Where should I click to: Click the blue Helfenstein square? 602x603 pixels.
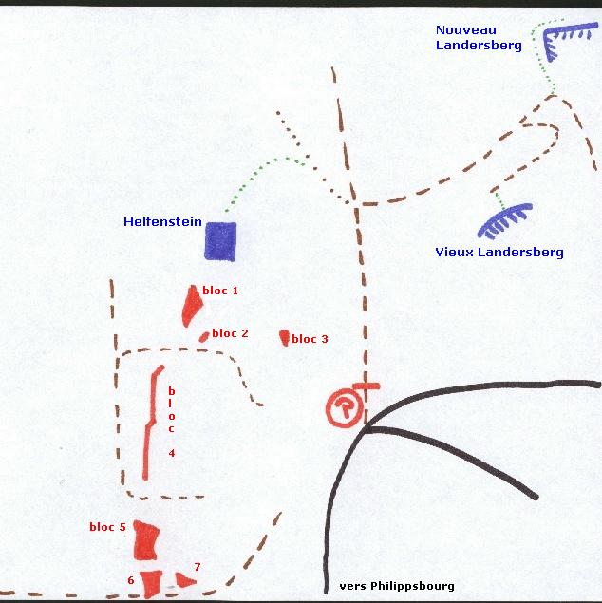tap(220, 241)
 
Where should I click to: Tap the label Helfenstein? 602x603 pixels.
tap(162, 222)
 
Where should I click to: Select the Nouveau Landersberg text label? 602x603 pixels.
tap(479, 38)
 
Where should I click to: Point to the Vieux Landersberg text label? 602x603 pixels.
tap(499, 253)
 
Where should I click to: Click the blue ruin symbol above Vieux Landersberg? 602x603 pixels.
tap(504, 219)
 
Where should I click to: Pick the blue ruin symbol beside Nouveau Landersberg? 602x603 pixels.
tap(565, 36)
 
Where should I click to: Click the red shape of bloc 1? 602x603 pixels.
tap(192, 306)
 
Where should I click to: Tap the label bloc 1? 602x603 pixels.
tap(220, 291)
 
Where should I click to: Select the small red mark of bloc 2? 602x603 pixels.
tap(204, 337)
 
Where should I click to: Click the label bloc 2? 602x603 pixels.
tap(231, 333)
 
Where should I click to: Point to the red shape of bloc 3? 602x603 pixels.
tap(285, 338)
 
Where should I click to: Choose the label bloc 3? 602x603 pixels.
tap(310, 339)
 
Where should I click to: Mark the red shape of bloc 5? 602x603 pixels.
tap(145, 540)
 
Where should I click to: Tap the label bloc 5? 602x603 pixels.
tap(107, 527)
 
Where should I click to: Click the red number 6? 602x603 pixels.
tap(131, 580)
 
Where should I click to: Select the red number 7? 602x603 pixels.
tap(198, 567)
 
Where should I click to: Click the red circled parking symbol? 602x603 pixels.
tap(345, 407)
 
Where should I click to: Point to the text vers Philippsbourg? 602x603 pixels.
tap(397, 586)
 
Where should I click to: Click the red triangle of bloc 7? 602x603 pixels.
tap(185, 580)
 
